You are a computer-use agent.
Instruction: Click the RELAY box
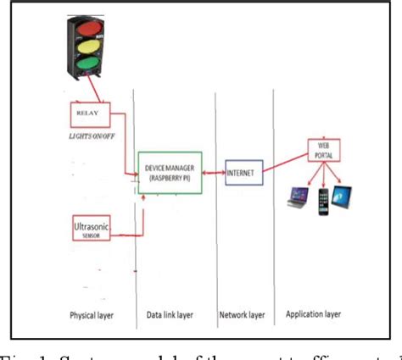tap(87, 111)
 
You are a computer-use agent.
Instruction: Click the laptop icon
tap(297, 199)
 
